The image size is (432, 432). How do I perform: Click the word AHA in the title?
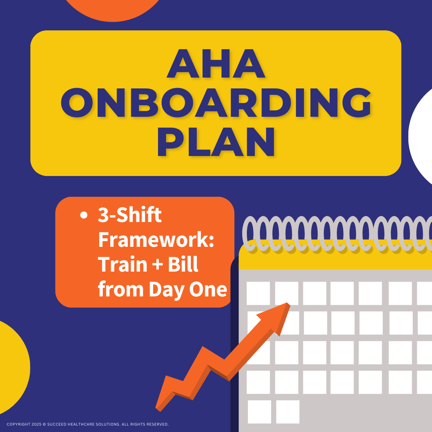tap(216, 64)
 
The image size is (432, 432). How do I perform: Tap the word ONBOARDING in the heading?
tap(216, 103)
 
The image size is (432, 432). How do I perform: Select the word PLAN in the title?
tap(216, 142)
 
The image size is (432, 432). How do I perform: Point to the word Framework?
tap(156, 240)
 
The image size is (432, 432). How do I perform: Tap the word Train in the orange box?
tap(118, 264)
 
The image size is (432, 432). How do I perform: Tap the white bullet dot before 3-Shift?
tap(84, 216)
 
